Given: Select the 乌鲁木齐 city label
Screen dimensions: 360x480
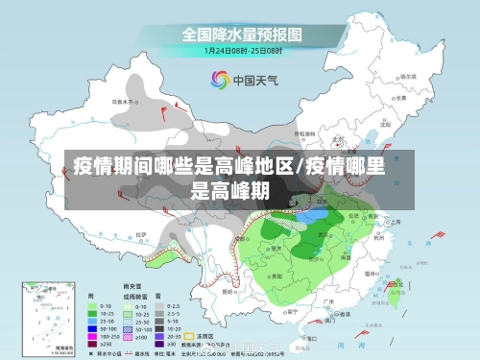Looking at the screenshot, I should (x=123, y=99).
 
